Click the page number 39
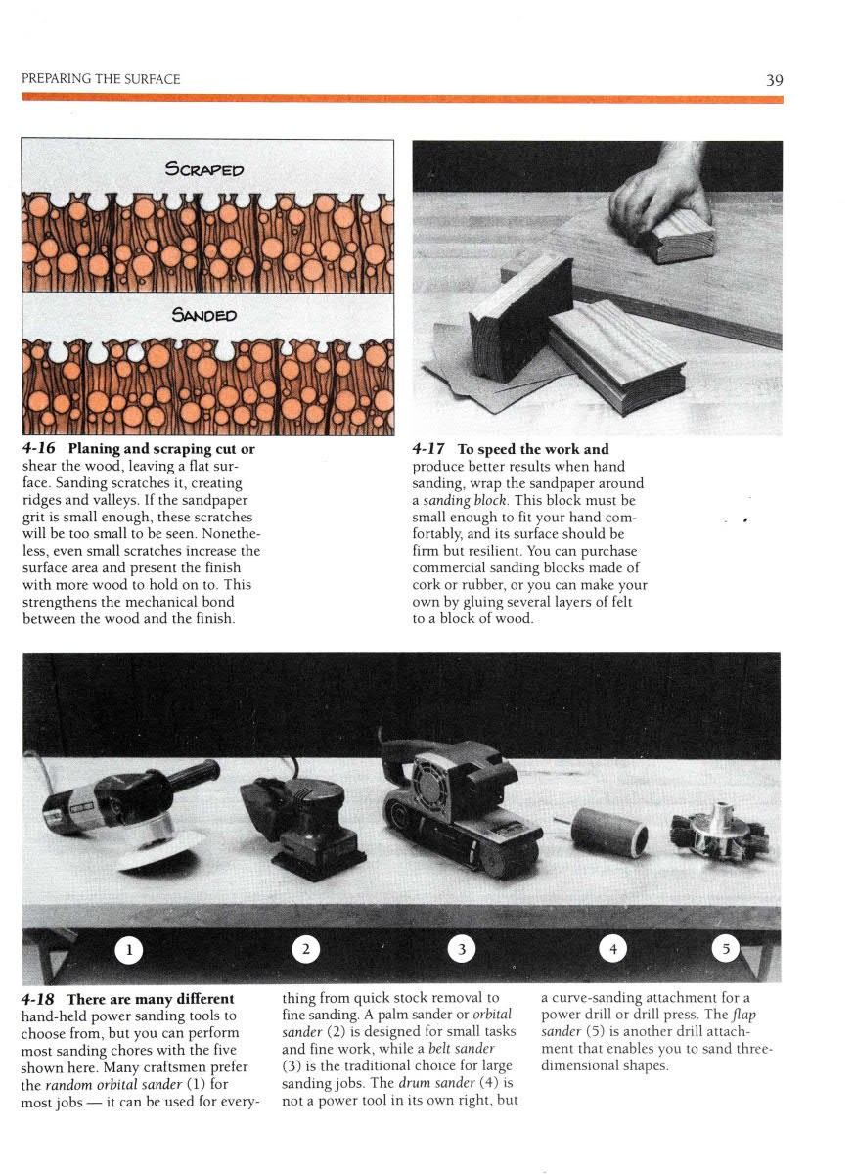[x=775, y=80]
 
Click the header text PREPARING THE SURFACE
[x=101, y=79]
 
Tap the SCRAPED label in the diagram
[x=204, y=169]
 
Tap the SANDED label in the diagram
[x=204, y=314]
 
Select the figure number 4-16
[x=38, y=449]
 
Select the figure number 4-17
[x=428, y=449]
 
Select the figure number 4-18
[x=37, y=999]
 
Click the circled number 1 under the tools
[x=128, y=950]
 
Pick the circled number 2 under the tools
[x=306, y=949]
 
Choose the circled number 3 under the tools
[x=462, y=949]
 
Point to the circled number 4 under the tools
[x=613, y=949]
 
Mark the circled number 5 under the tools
[x=726, y=949]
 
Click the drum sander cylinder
[x=608, y=832]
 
